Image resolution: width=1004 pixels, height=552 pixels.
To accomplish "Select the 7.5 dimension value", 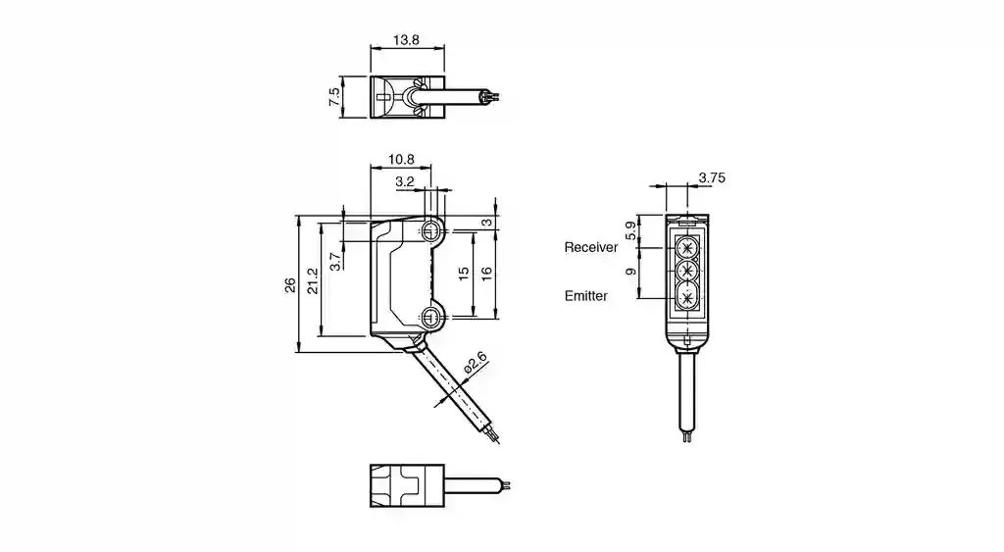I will [334, 97].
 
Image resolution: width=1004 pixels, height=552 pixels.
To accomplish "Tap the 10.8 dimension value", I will [402, 159].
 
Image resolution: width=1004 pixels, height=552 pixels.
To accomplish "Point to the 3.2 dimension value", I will [404, 182].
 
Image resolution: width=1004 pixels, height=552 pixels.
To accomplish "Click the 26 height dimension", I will [289, 285].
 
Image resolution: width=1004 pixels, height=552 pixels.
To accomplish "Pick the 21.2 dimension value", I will [313, 282].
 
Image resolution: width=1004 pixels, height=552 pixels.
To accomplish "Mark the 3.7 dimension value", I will [334, 262].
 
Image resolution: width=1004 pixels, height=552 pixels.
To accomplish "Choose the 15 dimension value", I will [465, 272].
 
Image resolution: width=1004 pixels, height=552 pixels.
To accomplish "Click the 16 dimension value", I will [487, 272].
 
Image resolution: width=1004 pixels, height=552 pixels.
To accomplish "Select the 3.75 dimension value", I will [712, 177].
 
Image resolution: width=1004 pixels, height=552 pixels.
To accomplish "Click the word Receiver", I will [591, 248].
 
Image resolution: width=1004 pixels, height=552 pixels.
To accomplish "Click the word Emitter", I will [586, 295].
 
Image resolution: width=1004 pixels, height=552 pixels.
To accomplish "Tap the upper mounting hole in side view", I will [431, 231].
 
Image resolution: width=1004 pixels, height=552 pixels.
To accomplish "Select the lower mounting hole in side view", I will [431, 316].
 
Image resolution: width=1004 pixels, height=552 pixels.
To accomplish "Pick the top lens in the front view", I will [688, 244].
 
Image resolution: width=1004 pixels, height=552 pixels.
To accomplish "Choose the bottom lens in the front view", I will [688, 296].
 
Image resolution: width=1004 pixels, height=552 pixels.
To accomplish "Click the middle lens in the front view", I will [688, 270].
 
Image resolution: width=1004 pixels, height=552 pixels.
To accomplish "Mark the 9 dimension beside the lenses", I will [631, 272].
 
